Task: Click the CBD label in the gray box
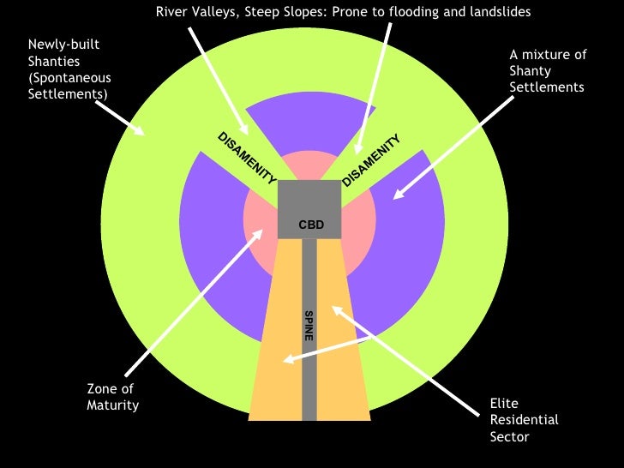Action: (309, 225)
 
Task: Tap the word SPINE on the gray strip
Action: (309, 325)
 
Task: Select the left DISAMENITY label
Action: (247, 159)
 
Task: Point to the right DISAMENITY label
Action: (372, 159)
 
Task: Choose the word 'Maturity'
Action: (112, 405)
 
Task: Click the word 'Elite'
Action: (504, 403)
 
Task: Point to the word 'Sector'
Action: (509, 436)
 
